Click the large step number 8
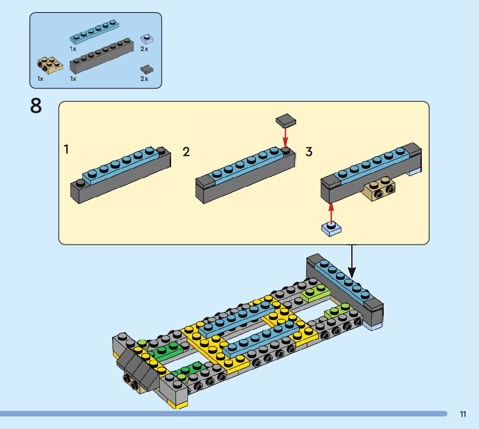click(36, 106)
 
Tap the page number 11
click(463, 414)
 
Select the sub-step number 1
click(66, 149)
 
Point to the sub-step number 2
click(186, 152)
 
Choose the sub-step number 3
click(309, 152)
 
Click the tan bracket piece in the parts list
click(50, 65)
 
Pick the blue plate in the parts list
click(94, 32)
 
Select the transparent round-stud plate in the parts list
click(147, 39)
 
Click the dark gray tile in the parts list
click(147, 70)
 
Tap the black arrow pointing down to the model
click(352, 262)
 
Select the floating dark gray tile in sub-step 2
click(286, 121)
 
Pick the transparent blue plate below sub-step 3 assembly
click(331, 228)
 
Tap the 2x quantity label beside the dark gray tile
click(144, 79)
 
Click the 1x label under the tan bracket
click(40, 79)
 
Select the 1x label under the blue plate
click(73, 49)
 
